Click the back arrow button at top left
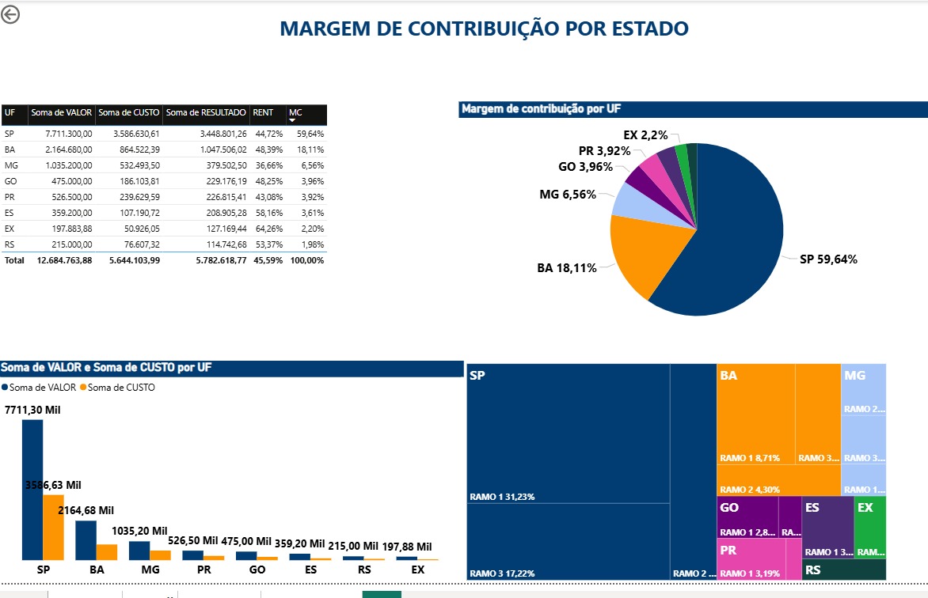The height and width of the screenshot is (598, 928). [10, 15]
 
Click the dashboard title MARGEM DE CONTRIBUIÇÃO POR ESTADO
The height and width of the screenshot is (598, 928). [484, 29]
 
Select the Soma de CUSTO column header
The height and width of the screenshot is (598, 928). [128, 113]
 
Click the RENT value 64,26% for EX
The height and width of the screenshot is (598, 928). [262, 229]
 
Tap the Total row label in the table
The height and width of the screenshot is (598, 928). [14, 260]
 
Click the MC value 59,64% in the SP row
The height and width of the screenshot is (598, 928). [310, 134]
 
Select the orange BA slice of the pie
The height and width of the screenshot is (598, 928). [641, 257]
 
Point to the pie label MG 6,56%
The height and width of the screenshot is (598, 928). [567, 195]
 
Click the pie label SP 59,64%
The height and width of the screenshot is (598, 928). [827, 259]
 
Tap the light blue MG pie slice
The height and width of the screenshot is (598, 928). [629, 201]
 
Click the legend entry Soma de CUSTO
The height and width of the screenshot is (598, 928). [120, 388]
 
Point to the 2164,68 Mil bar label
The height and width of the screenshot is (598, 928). [86, 511]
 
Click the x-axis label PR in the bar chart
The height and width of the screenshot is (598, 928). [203, 570]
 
